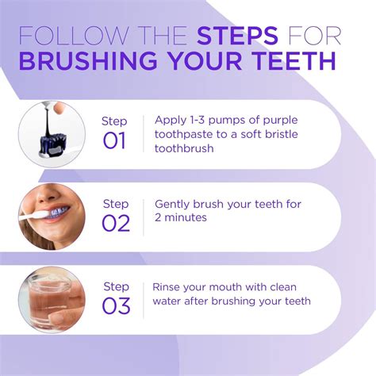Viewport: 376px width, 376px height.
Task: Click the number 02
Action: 116,223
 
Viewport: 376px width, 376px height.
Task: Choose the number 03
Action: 116,305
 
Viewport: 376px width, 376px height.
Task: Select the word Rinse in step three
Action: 168,287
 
